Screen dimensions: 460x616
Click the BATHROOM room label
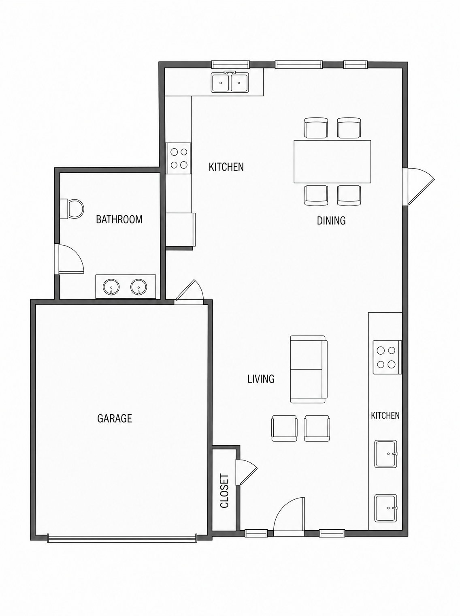point(119,220)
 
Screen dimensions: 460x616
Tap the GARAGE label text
point(114,418)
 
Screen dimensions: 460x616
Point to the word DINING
point(331,221)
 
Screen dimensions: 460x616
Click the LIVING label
point(261,379)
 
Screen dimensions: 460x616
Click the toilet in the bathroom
point(72,209)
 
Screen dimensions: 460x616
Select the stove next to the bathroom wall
point(179,158)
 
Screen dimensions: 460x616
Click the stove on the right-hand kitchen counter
point(387,357)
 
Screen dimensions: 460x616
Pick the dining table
point(332,162)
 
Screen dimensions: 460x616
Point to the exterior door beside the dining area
point(419,186)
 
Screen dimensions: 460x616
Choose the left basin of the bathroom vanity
point(111,287)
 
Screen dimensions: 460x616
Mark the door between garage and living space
point(189,292)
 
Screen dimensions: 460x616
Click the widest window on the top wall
point(299,65)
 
